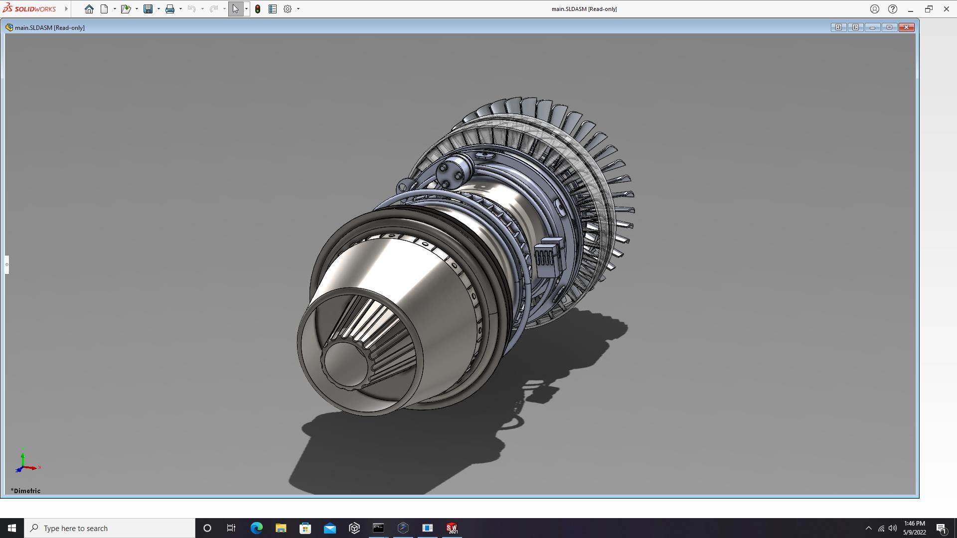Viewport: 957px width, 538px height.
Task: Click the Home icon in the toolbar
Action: pyautogui.click(x=89, y=9)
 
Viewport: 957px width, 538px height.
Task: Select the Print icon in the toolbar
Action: pyautogui.click(x=170, y=9)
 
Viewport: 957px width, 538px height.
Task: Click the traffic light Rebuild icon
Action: pyautogui.click(x=258, y=9)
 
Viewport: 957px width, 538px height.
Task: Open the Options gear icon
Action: pyautogui.click(x=288, y=9)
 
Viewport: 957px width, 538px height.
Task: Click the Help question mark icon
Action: pyautogui.click(x=893, y=9)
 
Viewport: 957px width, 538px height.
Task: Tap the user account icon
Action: pyautogui.click(x=875, y=9)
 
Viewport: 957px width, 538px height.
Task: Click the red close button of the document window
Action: pyautogui.click(x=906, y=27)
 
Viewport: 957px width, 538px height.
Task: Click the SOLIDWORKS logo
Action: pyautogui.click(x=29, y=8)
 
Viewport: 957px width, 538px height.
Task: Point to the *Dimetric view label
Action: pyautogui.click(x=26, y=491)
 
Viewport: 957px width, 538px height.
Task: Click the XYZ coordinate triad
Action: pyautogui.click(x=24, y=462)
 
